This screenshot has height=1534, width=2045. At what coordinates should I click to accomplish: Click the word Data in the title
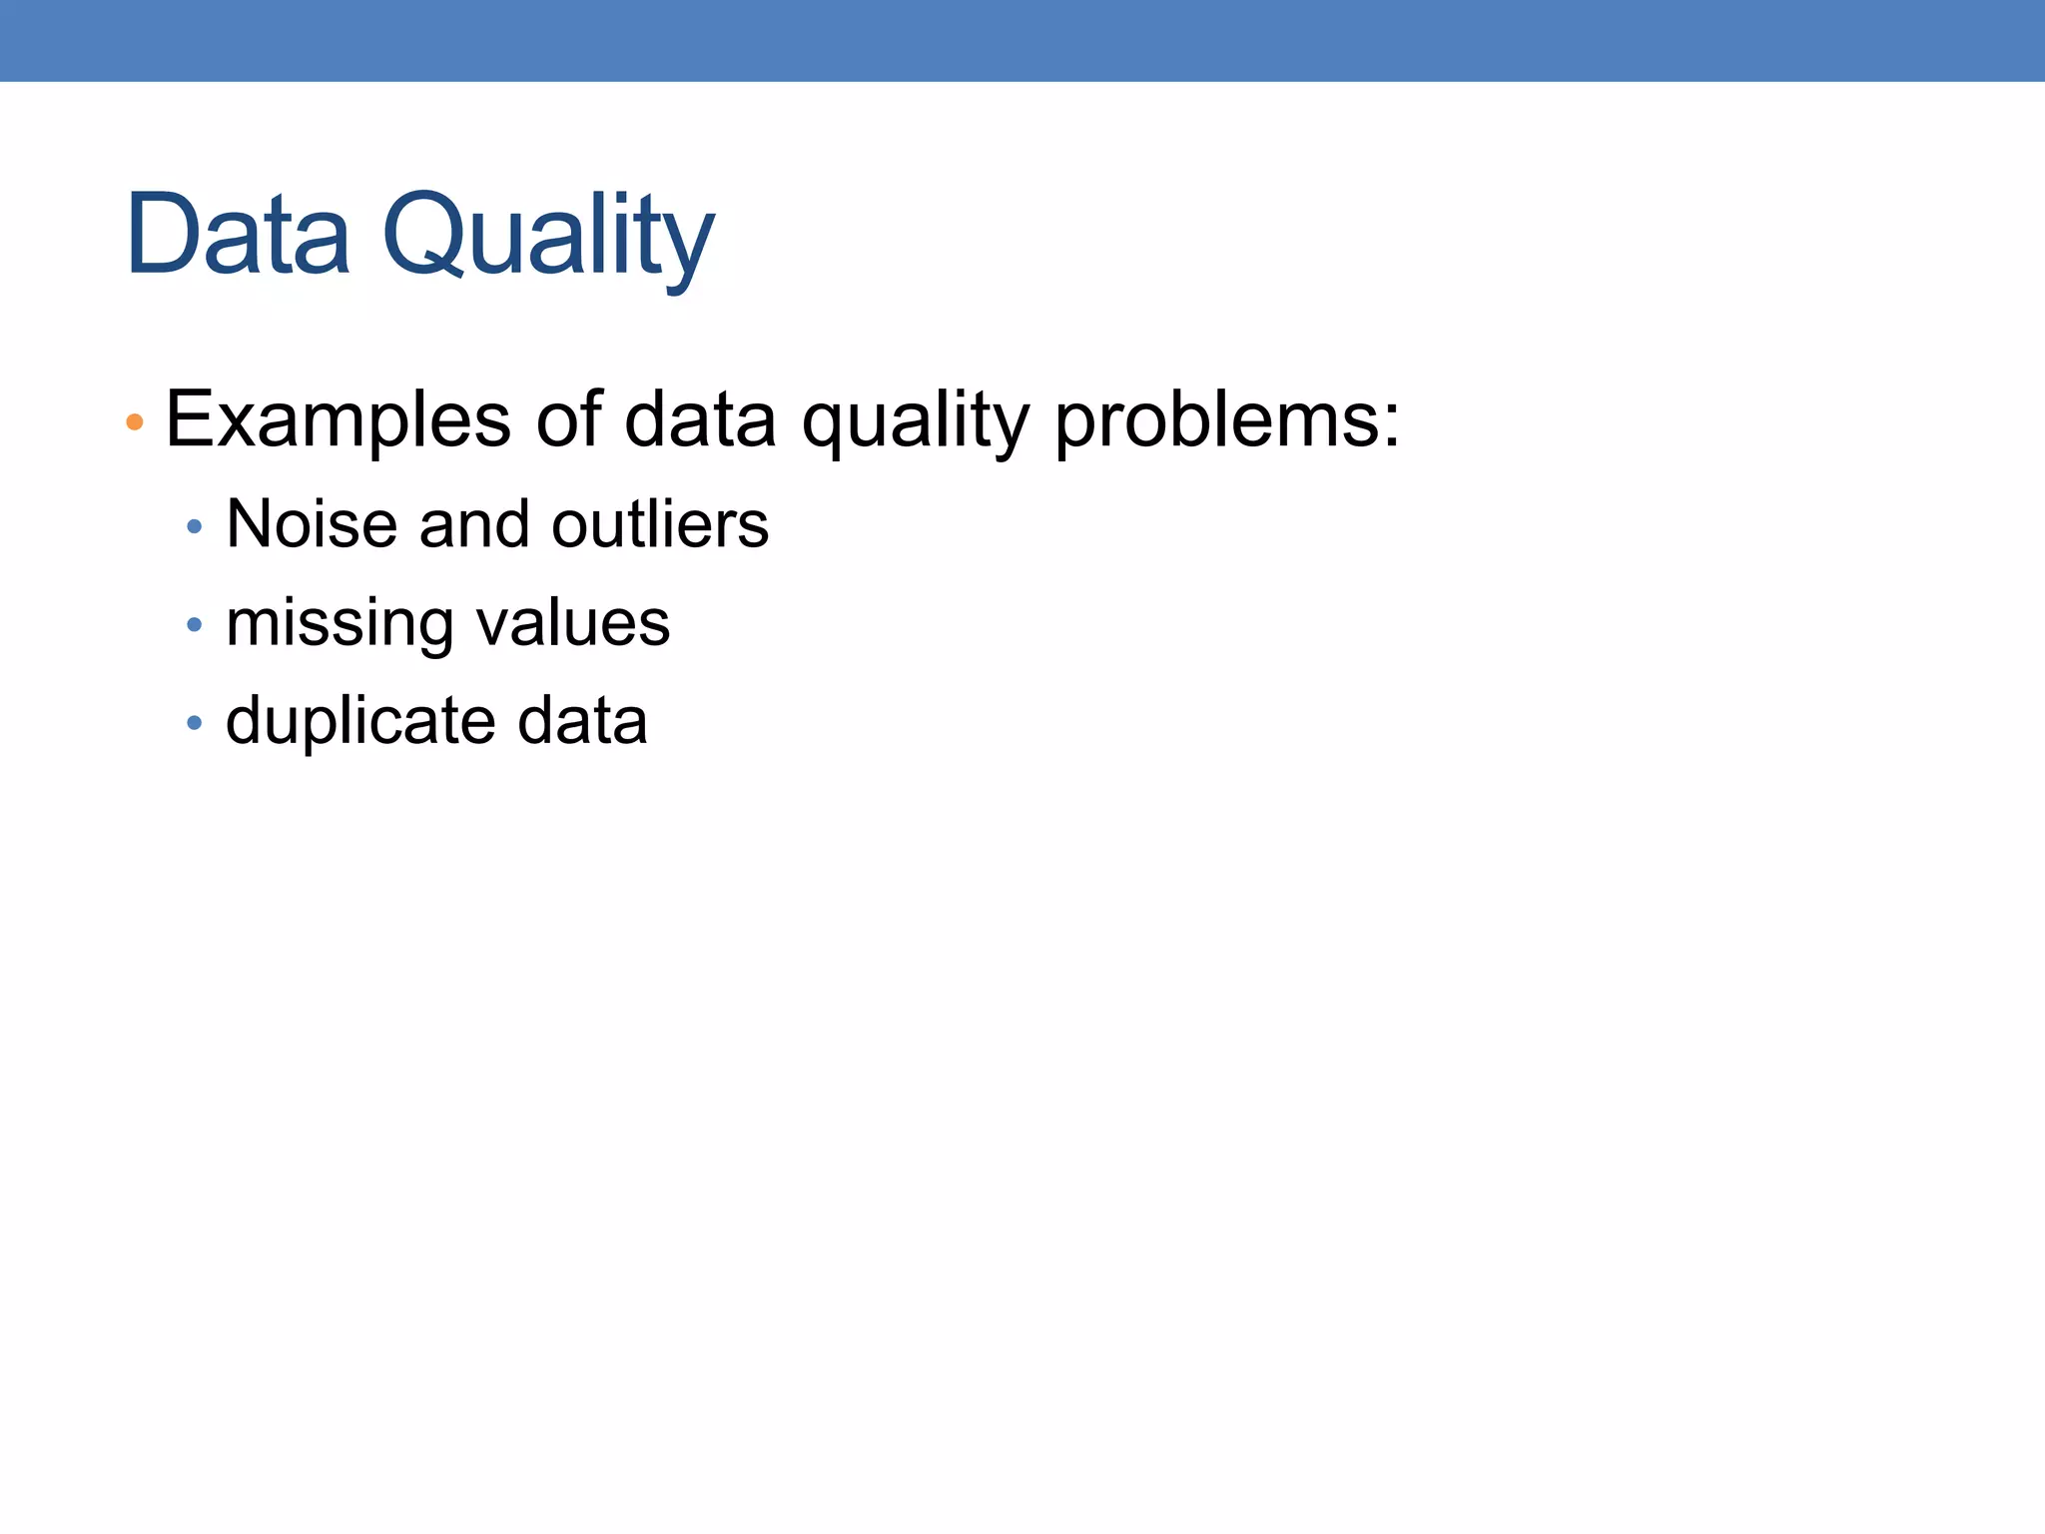pyautogui.click(x=238, y=235)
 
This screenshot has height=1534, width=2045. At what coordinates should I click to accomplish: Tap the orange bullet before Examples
pyautogui.click(x=135, y=422)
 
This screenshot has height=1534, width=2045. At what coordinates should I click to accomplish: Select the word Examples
pyautogui.click(x=338, y=420)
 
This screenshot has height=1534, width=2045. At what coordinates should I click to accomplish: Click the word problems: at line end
pyautogui.click(x=1227, y=420)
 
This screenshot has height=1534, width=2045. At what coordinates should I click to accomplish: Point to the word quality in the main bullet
pyautogui.click(x=915, y=420)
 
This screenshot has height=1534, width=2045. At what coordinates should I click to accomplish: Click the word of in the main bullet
pyautogui.click(x=569, y=418)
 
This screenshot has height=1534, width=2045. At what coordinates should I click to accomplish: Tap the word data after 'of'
pyautogui.click(x=700, y=418)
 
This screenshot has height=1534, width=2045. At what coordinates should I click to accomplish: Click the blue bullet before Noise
pyautogui.click(x=195, y=526)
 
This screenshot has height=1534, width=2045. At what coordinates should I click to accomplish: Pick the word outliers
pyautogui.click(x=660, y=523)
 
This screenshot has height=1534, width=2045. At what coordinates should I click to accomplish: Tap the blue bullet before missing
pyautogui.click(x=195, y=625)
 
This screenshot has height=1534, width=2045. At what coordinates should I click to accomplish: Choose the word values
pyautogui.click(x=573, y=623)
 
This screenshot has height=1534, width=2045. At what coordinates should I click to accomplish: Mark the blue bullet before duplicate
pyautogui.click(x=195, y=721)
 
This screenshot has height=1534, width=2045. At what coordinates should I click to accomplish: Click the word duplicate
pyautogui.click(x=359, y=721)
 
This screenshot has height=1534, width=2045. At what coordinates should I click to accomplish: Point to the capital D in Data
pyautogui.click(x=162, y=235)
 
